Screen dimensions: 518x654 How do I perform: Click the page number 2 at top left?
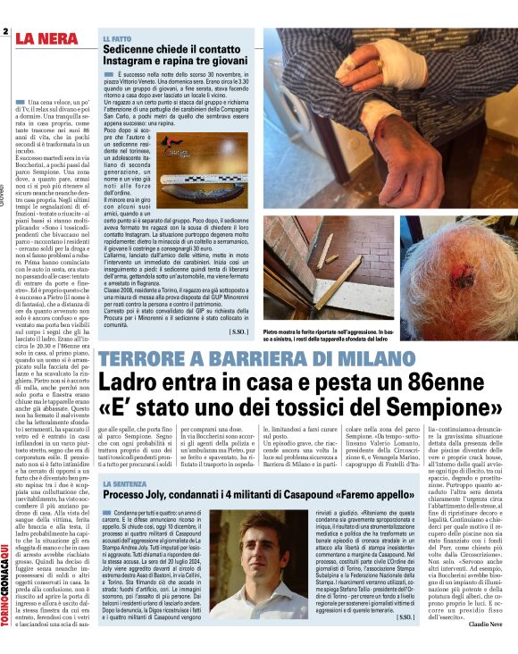5,32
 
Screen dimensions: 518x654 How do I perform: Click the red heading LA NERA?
51,38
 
